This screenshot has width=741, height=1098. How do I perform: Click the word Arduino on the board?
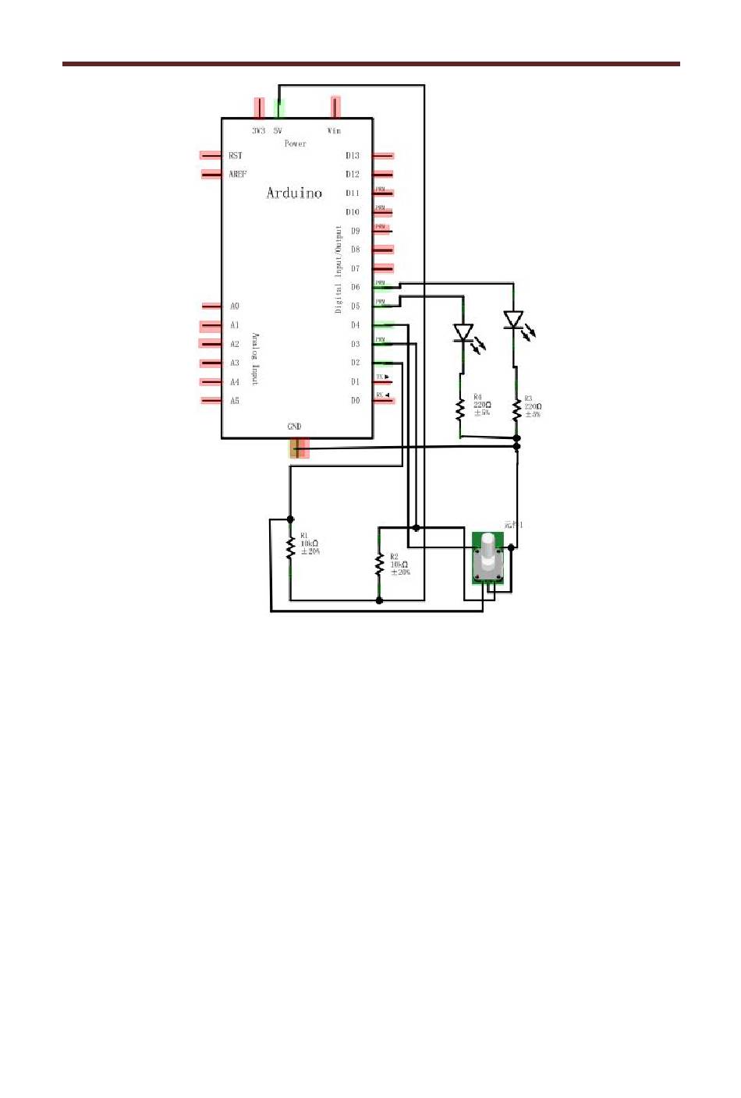294,193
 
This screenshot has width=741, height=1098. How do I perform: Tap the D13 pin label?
353,156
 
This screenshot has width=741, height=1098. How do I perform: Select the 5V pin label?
278,131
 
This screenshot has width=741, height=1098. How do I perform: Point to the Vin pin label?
334,131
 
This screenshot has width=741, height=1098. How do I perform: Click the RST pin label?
236,156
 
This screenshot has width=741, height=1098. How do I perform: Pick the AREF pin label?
238,175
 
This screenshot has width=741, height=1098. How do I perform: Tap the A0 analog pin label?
235,306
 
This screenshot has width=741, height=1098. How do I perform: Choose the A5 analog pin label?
235,401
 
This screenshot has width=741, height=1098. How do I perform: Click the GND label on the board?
294,427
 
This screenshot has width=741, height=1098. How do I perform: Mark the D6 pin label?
355,288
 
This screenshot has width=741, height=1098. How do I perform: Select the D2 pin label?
355,363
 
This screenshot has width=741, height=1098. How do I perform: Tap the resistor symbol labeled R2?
380,565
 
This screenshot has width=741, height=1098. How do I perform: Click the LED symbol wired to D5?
463,333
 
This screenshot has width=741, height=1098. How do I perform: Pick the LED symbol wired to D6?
513,320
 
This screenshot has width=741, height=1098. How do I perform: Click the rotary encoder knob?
488,555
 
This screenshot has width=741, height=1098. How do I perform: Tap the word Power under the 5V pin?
296,143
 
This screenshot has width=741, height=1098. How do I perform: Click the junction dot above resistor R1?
290,519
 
